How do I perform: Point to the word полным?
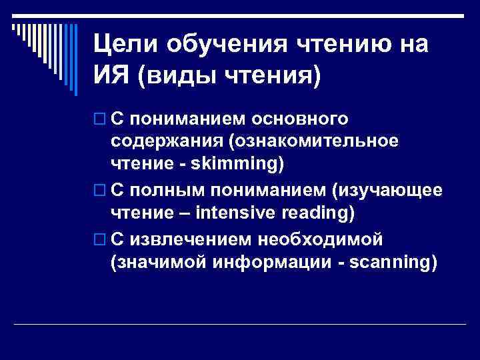(167, 191)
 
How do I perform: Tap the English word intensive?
(230, 215)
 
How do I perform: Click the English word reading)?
(317, 215)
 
